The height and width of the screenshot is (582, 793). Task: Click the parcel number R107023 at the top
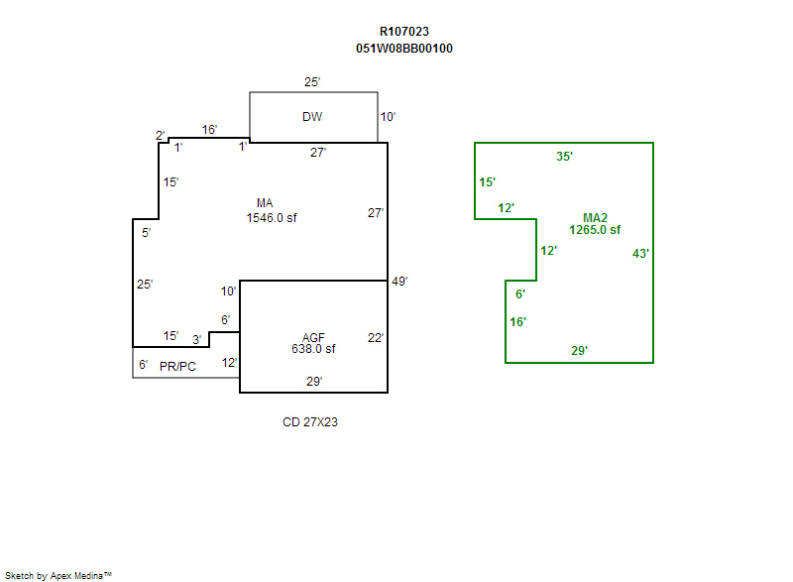pos(404,32)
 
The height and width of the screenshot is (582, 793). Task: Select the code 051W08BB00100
pos(404,48)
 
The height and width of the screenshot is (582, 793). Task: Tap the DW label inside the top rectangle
pos(312,117)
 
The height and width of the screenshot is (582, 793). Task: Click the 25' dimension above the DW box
pos(312,82)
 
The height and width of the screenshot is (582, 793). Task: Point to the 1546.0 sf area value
pos(272,217)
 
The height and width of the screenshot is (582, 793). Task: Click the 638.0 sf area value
pos(313,349)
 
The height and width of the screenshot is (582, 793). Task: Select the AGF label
pos(313,337)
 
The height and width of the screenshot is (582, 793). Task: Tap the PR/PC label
pos(177,366)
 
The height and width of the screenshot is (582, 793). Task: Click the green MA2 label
pos(595,217)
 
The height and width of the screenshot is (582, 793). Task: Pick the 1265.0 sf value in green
pos(595,230)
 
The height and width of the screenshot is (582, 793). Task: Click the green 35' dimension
pos(565,156)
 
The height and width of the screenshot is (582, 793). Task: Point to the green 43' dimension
pos(641,254)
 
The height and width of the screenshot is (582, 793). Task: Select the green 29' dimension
pos(580,350)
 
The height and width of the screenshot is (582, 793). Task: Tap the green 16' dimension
pos(518,321)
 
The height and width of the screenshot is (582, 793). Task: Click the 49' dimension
pos(399,282)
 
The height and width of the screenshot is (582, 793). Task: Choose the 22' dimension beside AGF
pos(376,337)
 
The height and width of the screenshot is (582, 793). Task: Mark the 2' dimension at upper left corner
pos(160,135)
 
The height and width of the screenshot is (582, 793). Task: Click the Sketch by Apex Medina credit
pos(57,574)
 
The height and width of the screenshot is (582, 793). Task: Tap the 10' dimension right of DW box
pos(388,117)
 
